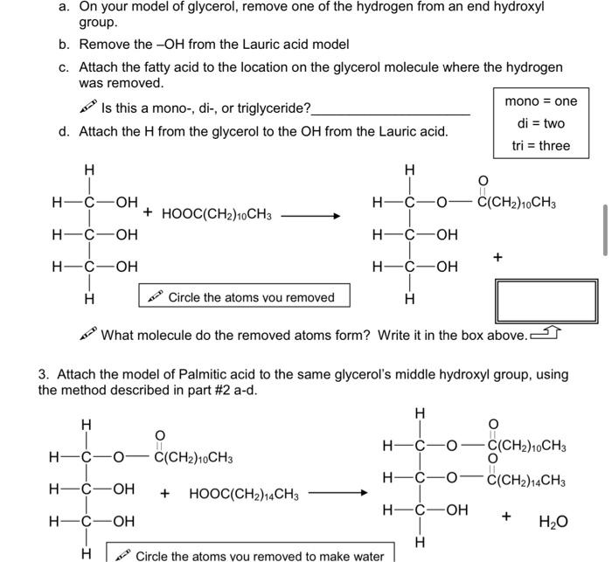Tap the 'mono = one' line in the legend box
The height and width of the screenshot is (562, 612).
(x=541, y=101)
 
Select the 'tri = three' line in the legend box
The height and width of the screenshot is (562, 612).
(x=541, y=145)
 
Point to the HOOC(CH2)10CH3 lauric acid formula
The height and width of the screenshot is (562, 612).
(x=216, y=213)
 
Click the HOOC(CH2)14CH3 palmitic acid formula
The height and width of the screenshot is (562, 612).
(x=244, y=495)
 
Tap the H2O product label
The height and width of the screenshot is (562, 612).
(x=553, y=522)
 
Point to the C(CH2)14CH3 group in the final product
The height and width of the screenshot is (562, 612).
(x=526, y=480)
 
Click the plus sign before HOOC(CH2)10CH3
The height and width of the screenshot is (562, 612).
(x=149, y=212)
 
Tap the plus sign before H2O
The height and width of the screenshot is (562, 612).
(x=506, y=517)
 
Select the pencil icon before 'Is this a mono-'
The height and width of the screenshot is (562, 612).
(x=87, y=108)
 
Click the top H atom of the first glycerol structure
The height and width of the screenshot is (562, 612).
(x=88, y=169)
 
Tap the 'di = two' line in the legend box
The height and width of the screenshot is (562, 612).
(x=541, y=123)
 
